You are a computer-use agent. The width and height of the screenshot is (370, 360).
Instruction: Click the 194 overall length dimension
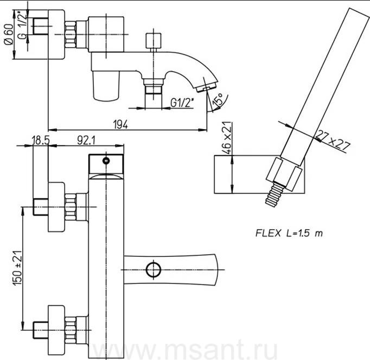pyautogui.click(x=120, y=124)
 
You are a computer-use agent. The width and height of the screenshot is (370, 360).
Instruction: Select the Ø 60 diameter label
pyautogui.click(x=9, y=34)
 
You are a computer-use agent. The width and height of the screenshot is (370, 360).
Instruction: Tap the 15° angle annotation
pyautogui.click(x=218, y=99)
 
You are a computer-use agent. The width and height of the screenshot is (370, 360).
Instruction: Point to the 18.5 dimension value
pyautogui.click(x=41, y=141)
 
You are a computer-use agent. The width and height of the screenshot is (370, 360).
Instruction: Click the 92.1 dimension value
pyautogui.click(x=86, y=141)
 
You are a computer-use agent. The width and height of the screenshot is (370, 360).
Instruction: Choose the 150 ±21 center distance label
pyautogui.click(x=17, y=267)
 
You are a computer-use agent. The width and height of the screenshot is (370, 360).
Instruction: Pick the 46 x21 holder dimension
pyautogui.click(x=227, y=138)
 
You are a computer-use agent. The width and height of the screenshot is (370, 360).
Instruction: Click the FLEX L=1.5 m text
pyautogui.click(x=289, y=233)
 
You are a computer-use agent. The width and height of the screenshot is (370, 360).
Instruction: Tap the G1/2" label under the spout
pyautogui.click(x=182, y=103)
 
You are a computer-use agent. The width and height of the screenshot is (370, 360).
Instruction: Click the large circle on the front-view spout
pyautogui.click(x=154, y=269)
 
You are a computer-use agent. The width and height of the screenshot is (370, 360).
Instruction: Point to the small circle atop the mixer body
pyautogui.click(x=106, y=161)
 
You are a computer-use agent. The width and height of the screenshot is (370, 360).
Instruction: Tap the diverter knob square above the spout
pyautogui.click(x=154, y=41)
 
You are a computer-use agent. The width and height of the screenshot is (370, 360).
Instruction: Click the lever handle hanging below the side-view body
pyautogui.click(x=106, y=85)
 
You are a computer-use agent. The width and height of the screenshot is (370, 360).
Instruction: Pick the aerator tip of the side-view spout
pyautogui.click(x=207, y=87)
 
